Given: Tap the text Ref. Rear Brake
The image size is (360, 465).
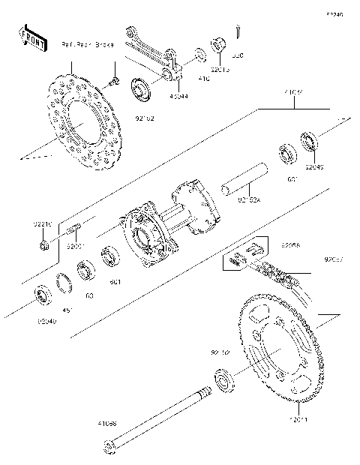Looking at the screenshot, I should [x=88, y=45].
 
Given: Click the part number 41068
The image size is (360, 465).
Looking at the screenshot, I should [x=107, y=423].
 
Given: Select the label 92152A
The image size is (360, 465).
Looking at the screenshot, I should [x=250, y=201].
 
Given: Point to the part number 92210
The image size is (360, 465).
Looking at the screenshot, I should [x=43, y=223].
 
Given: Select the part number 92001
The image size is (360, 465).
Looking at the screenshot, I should [x=75, y=245].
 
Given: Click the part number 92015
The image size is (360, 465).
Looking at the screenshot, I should [x=220, y=69].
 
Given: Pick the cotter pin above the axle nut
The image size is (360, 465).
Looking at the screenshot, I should [x=238, y=31].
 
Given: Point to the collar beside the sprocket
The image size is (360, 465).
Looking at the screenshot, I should [x=223, y=380].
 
